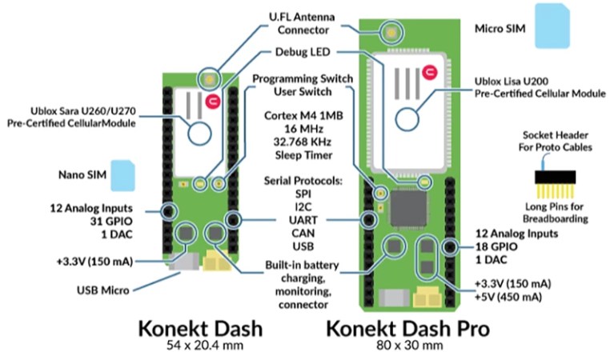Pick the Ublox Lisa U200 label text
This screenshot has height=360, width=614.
click(539, 88)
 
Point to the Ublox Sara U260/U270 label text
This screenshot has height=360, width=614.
click(71, 118)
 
